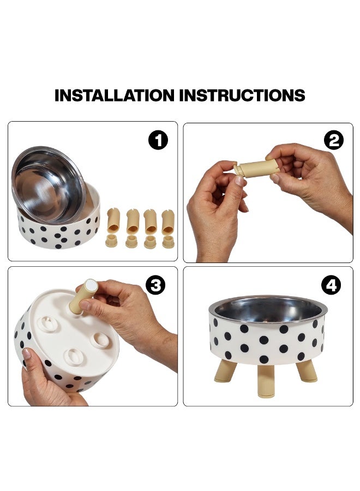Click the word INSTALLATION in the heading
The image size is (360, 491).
point(114,95)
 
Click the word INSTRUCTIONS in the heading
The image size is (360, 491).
point(242,95)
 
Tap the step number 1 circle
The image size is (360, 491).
point(158,140)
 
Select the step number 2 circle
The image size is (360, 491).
point(334,140)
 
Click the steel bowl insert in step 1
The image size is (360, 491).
point(49,185)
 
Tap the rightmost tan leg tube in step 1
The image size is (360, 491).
point(168,221)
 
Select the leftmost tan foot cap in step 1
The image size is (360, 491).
point(111,241)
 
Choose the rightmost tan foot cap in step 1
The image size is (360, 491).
point(168,242)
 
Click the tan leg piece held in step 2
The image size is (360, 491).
point(256,168)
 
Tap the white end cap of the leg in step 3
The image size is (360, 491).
point(91,285)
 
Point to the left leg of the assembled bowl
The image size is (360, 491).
point(226,371)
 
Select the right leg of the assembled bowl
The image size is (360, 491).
point(307,371)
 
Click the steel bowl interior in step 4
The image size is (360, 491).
point(268,310)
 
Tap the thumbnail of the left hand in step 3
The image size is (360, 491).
point(26,354)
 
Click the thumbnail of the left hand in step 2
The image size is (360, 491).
point(239,181)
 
